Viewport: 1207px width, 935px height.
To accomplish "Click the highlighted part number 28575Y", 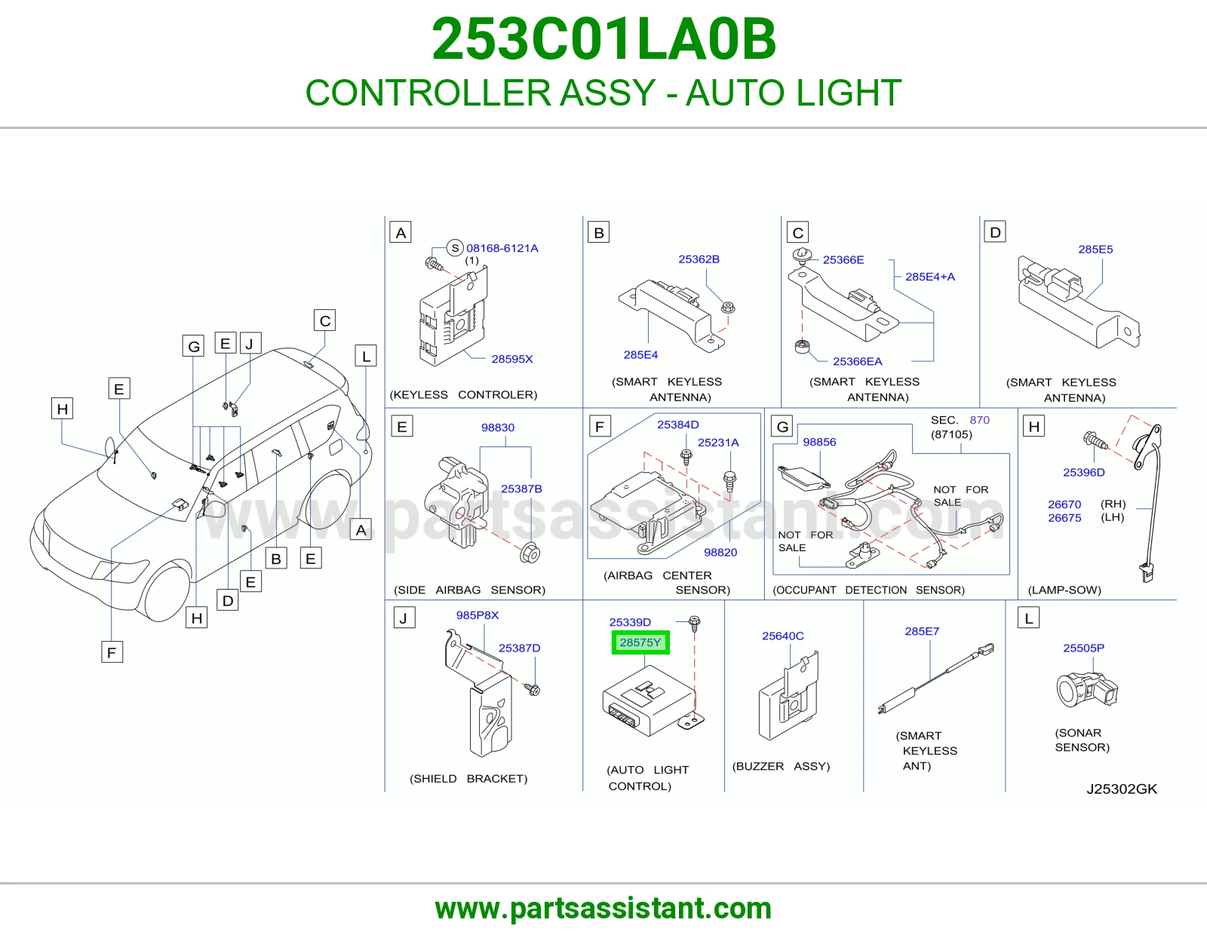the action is [640, 642].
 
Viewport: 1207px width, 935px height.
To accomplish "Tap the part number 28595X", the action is [511, 359].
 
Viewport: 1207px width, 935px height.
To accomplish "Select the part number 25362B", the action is [699, 259].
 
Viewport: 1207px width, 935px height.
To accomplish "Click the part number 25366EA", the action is [857, 361].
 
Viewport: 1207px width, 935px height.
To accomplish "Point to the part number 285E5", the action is [1095, 250].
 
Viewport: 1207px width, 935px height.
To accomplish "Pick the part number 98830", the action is [498, 428].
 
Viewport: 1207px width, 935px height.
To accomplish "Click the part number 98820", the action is [720, 553].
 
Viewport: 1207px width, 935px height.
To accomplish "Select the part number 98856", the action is [819, 442].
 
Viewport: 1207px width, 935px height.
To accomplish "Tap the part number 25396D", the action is [1084, 473].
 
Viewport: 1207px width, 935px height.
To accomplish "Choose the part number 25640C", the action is [782, 636].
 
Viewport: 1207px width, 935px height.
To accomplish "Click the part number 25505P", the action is [1084, 648].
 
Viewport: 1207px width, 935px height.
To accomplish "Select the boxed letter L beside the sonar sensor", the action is [1029, 618].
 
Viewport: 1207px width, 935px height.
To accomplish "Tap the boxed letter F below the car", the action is [112, 651].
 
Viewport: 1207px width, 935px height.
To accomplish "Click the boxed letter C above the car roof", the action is [325, 320].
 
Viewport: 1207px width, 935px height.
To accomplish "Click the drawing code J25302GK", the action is [1122, 789].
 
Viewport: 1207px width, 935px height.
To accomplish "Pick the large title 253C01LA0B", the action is [603, 39].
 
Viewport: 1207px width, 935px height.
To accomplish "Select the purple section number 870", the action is [979, 420].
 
